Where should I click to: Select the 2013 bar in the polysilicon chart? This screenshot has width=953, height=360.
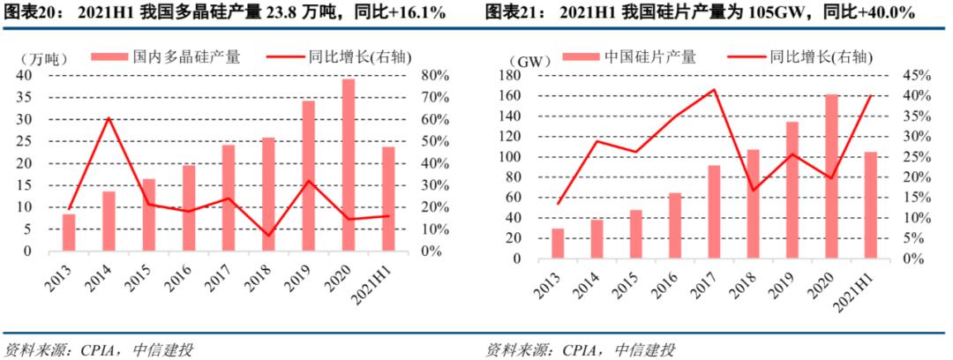point(69,233)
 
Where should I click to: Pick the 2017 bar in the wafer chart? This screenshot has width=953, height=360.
point(714,212)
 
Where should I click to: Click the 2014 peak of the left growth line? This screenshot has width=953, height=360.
point(108,118)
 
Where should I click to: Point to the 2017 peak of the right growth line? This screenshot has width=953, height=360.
point(713,89)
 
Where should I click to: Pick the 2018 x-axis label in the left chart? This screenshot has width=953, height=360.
point(262,280)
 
